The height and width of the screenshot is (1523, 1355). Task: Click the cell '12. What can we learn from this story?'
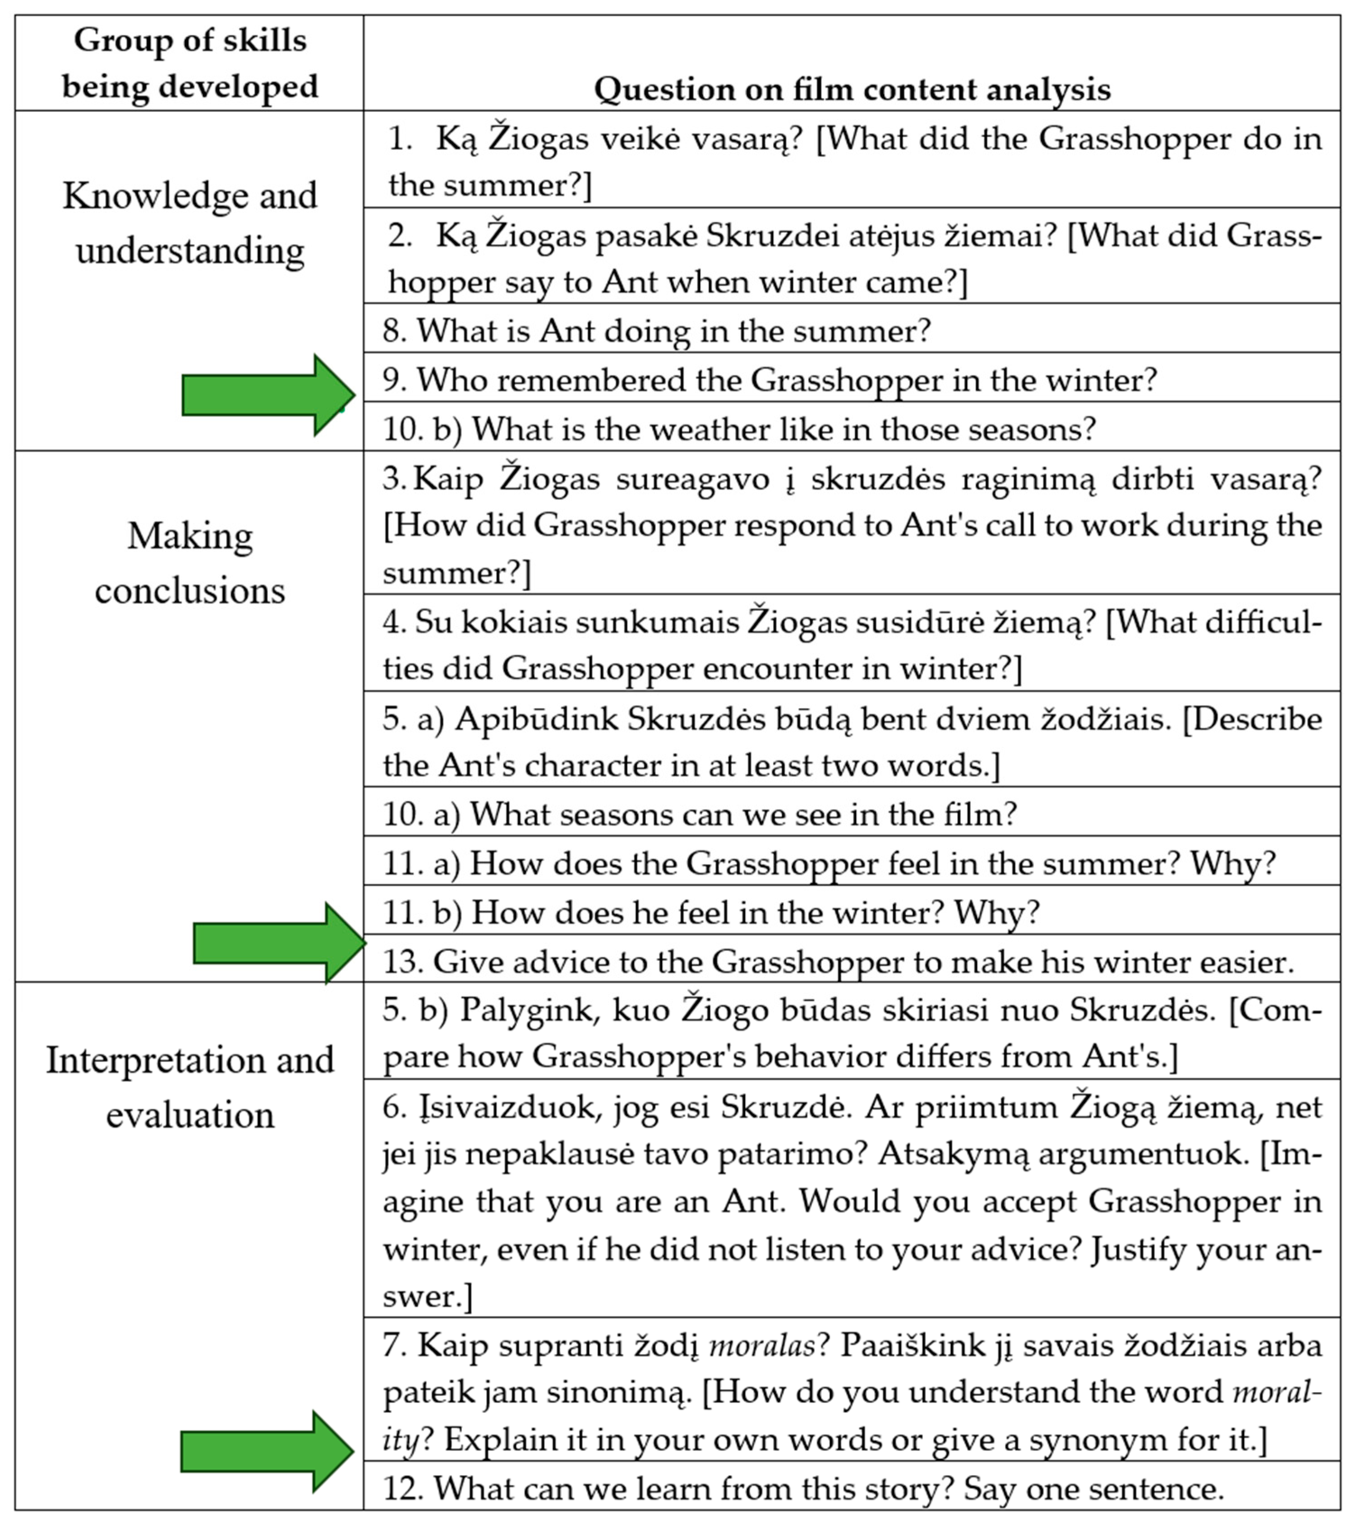point(803,1489)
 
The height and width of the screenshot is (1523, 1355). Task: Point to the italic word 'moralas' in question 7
point(761,1346)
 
